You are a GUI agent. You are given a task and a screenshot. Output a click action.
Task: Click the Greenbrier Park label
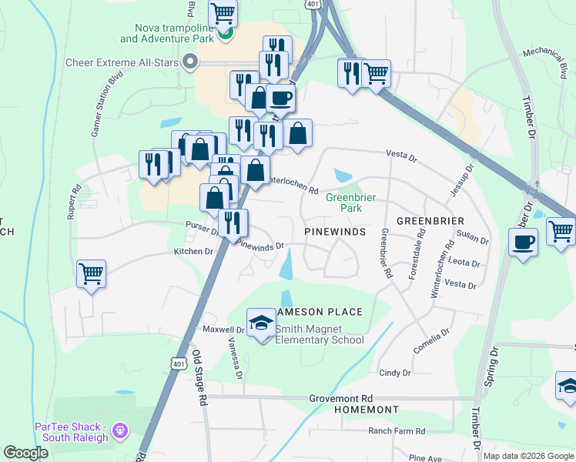(x=350, y=203)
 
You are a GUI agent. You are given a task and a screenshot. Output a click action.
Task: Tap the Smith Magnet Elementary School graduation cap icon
(x=261, y=321)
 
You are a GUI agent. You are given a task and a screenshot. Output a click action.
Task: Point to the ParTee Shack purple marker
(x=119, y=429)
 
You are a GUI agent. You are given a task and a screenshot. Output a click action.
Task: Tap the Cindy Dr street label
(x=395, y=373)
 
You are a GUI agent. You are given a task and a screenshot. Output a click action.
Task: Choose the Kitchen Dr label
(x=193, y=252)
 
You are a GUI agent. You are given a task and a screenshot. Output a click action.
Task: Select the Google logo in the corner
(x=26, y=453)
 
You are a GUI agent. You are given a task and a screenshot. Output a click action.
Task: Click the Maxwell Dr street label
(x=223, y=330)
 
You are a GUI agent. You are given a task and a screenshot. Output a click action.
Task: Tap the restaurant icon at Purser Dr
(x=233, y=223)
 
